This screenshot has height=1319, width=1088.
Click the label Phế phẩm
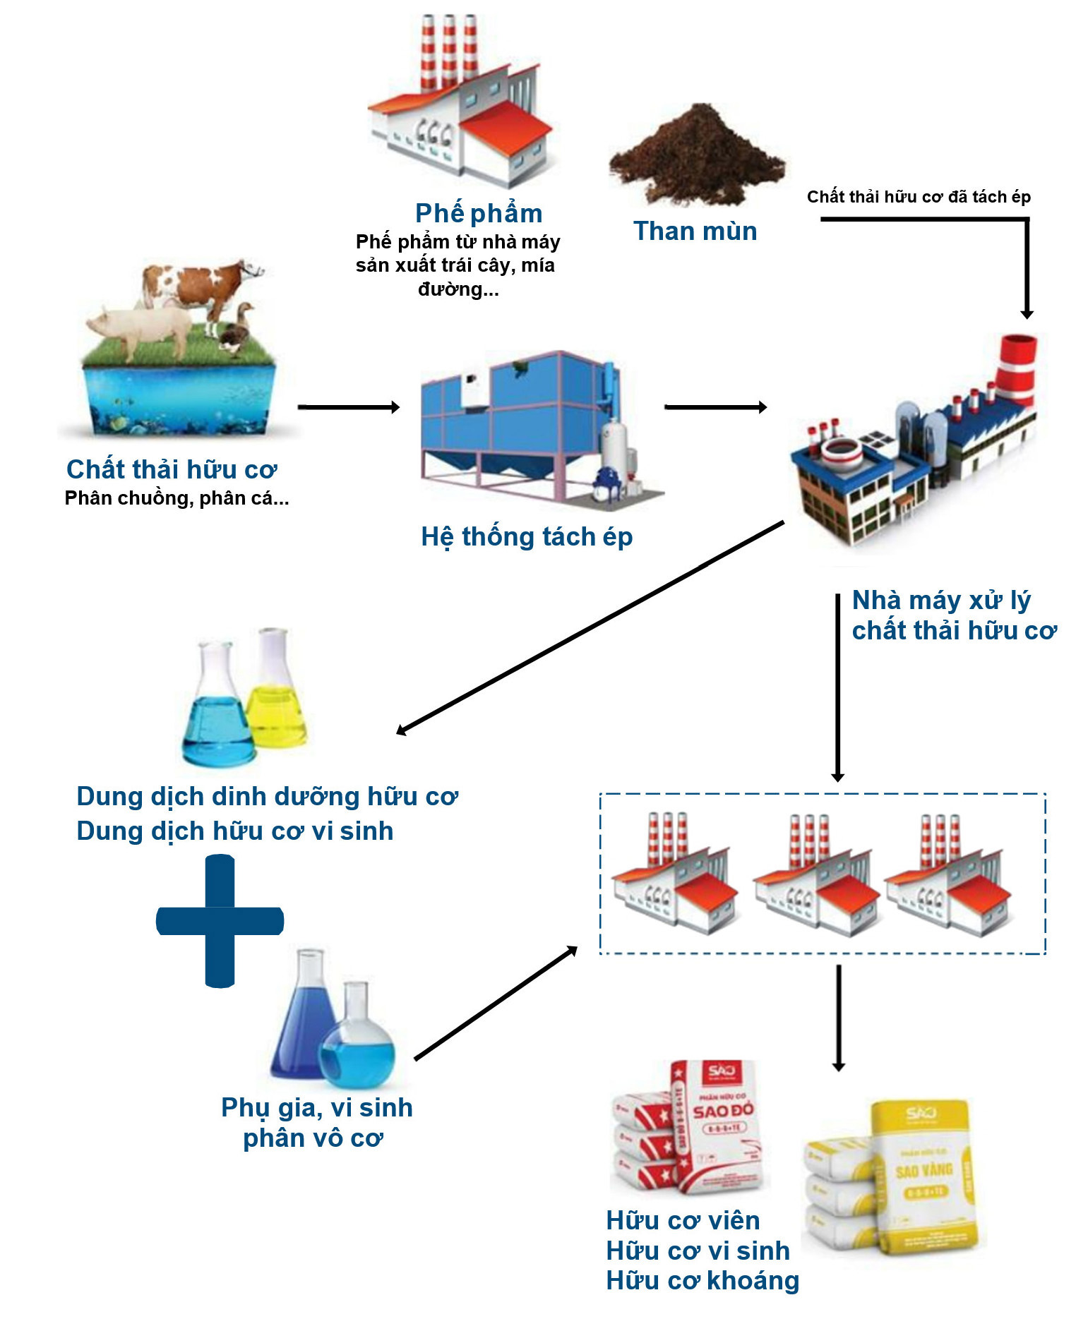479,213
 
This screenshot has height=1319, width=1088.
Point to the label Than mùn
695,231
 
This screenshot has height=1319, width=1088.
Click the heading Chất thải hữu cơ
172,469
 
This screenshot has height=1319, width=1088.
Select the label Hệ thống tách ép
527,537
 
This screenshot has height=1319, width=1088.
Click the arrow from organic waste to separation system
349,407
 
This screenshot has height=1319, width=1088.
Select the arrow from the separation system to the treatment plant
715,407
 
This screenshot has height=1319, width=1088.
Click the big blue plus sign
220,921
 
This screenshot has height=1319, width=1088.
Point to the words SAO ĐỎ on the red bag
722,1111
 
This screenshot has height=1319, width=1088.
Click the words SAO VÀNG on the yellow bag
923,1172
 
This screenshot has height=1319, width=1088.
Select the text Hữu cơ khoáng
703,1281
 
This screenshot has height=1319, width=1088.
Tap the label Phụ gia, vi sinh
317,1108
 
